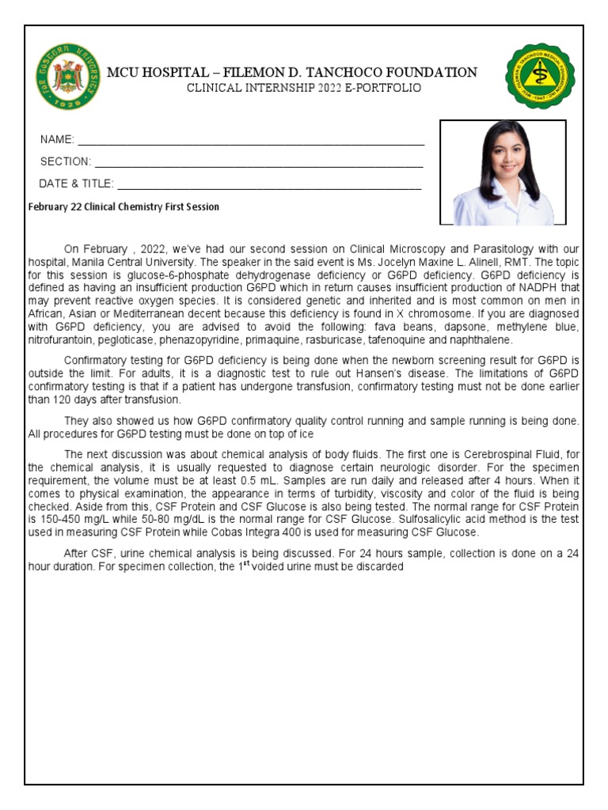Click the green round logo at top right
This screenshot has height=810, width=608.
pos(540,77)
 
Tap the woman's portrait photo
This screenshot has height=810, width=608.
pos(503,172)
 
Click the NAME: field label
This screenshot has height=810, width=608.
pos(57,140)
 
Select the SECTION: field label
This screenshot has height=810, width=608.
pos(66,162)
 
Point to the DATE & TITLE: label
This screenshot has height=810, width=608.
pos(76,184)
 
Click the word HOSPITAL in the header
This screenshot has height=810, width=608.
pos(178,73)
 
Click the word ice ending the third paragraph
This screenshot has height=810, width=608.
pos(306,433)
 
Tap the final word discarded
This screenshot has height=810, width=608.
pos(380,566)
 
